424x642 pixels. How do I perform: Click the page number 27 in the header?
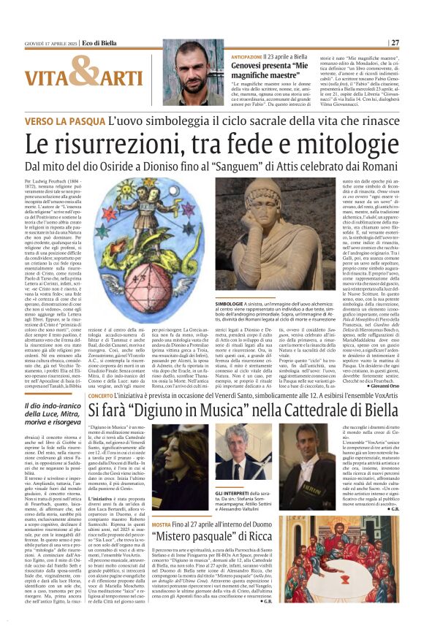pos(415,42)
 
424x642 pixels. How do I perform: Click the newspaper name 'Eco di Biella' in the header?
pos(99,42)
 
